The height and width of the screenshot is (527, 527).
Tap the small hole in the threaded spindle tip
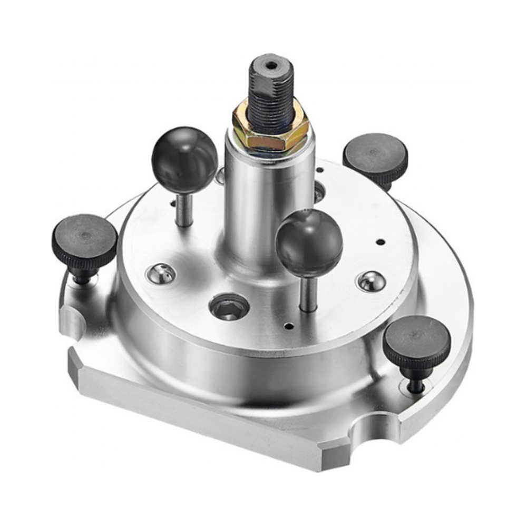[271, 65]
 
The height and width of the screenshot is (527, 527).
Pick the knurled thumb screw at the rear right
[375, 155]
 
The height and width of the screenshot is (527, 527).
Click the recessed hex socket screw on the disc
[228, 307]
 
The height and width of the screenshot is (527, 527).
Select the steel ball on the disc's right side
[370, 281]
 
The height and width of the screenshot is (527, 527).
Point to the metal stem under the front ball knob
[308, 292]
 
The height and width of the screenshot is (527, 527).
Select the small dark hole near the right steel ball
[380, 242]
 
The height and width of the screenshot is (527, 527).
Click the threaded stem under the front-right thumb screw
[416, 382]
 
